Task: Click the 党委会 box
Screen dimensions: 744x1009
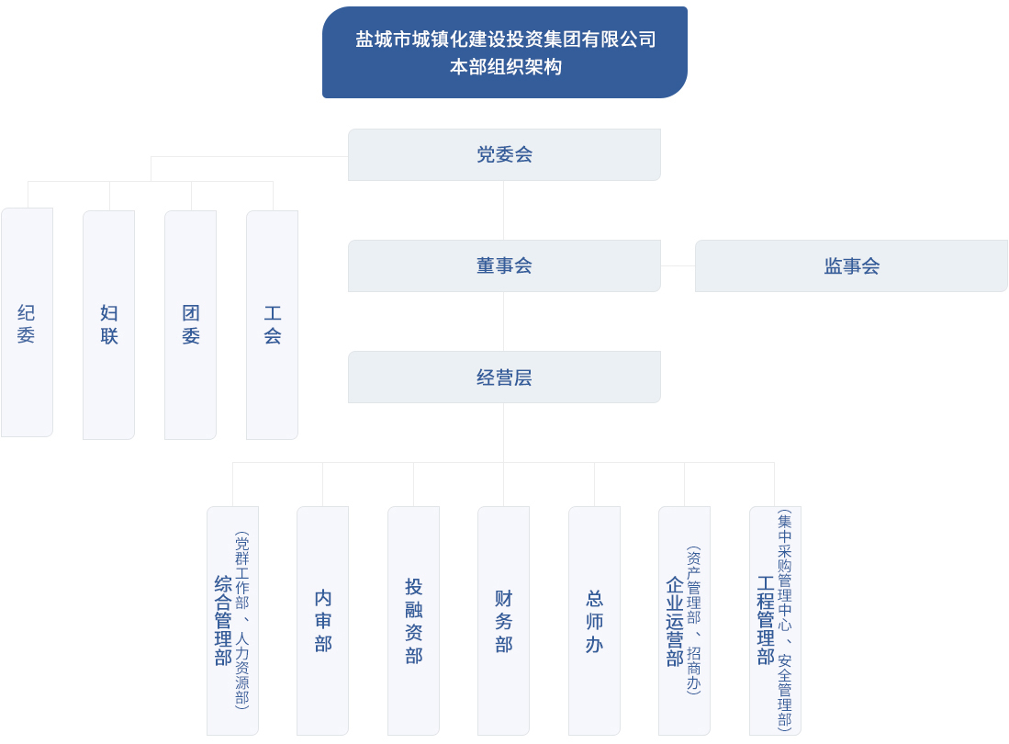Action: pos(504,154)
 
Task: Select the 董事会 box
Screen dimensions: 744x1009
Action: pos(504,265)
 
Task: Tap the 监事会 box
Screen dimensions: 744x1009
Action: pos(851,265)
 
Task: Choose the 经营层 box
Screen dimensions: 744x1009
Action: pos(504,377)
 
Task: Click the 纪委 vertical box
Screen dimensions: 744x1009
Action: pos(27,323)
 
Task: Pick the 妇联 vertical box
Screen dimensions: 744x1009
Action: pos(108,324)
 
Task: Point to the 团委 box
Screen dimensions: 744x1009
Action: pos(190,324)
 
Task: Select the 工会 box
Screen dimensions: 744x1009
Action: pos(272,324)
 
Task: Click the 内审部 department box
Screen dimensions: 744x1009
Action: pos(322,620)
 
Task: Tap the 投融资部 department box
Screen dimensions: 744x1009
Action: pos(413,620)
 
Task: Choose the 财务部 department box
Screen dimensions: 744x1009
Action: pos(503,620)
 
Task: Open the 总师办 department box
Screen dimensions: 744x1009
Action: pos(594,620)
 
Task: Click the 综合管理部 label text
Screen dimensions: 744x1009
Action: pos(223,620)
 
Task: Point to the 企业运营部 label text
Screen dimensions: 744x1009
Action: pos(675,622)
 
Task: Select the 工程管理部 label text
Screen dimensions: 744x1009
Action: pos(766,620)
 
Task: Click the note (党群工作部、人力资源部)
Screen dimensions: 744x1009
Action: pos(241,620)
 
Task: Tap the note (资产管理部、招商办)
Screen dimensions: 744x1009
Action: pos(694,620)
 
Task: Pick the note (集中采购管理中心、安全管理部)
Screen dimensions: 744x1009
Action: pos(784,620)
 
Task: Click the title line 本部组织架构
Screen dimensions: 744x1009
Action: pos(504,67)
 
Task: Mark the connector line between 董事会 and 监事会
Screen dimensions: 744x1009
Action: pos(678,265)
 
